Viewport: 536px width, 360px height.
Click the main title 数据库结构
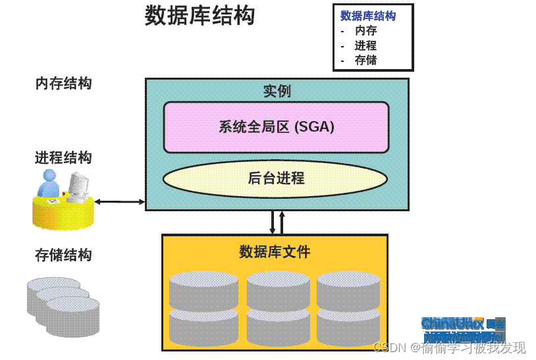tap(200, 16)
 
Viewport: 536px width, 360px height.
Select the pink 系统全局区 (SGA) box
tap(276, 127)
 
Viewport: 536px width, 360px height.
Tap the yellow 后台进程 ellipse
tap(276, 178)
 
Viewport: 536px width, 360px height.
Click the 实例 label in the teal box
tap(277, 91)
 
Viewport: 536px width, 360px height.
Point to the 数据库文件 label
tap(275, 251)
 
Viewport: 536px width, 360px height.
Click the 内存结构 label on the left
tap(63, 84)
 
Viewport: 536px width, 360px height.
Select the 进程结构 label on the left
tap(63, 158)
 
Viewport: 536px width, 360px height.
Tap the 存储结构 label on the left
tap(63, 255)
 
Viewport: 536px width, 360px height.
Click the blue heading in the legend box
tap(368, 16)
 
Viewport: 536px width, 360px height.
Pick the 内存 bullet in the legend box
tap(365, 31)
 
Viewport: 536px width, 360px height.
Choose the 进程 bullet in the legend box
tap(365, 46)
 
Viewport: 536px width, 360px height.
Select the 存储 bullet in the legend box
tap(365, 61)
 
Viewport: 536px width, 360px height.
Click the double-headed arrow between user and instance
tap(120, 201)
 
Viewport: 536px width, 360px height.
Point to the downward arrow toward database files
tap(273, 222)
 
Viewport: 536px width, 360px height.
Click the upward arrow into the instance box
tap(282, 222)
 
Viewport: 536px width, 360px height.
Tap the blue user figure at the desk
tap(49, 184)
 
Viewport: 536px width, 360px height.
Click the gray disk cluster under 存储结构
tap(63, 299)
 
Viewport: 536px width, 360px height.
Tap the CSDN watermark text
tap(448, 347)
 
